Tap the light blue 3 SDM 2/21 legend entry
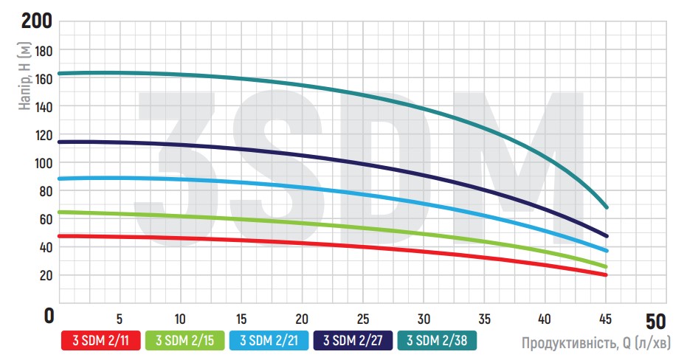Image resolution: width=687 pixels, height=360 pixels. pos(269,340)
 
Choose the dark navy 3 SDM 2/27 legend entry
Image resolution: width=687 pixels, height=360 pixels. pos(353,340)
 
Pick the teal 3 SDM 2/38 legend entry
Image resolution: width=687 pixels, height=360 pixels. pos(438,340)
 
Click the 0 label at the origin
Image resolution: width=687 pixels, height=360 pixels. pos(49,316)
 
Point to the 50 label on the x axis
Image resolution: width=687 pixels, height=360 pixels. pos(655,322)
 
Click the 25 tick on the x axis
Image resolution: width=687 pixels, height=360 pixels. pos(362,319)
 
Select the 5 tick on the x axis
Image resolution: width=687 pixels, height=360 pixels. pos(120,319)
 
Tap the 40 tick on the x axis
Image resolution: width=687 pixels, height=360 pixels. pos(545,319)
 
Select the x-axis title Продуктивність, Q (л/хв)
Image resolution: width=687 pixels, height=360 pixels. pos(595,342)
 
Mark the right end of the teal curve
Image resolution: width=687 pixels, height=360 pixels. pos(606,207)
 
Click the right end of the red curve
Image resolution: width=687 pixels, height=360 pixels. pos(606,275)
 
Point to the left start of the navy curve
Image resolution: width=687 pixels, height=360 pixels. pos(59,142)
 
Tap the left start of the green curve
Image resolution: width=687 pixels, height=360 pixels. pos(59,212)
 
